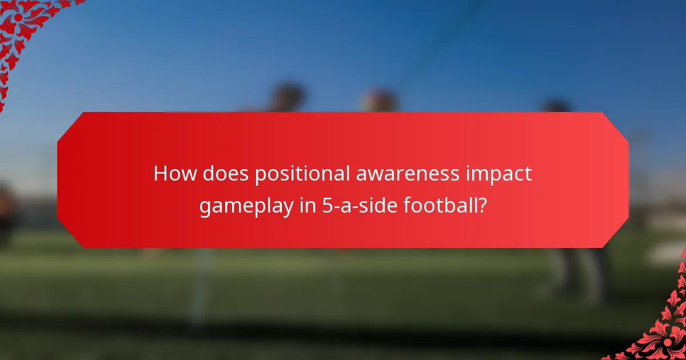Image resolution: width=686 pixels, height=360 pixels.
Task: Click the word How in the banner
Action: pyautogui.click(x=173, y=174)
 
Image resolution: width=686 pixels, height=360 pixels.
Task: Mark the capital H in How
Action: pyautogui.click(x=161, y=174)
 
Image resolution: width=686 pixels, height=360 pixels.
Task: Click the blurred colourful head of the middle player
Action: pyautogui.click(x=378, y=100)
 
